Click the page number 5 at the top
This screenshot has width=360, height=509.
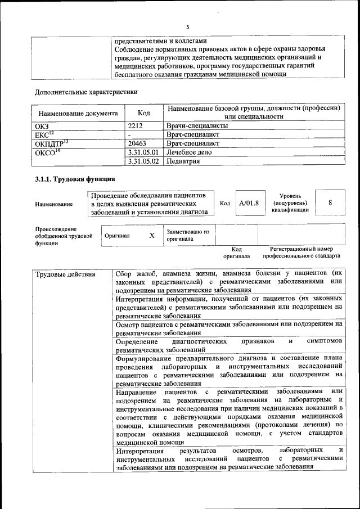pyautogui.click(x=188, y=26)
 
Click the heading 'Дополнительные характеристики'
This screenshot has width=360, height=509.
pyautogui.click(x=86, y=92)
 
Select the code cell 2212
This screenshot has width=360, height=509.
pyautogui.click(x=136, y=126)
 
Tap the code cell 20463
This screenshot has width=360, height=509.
pyautogui.click(x=138, y=143)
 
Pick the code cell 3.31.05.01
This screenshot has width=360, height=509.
pyautogui.click(x=143, y=152)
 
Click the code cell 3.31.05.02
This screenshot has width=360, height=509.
pyautogui.click(x=143, y=161)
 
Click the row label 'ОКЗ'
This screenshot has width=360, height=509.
pyautogui.click(x=42, y=126)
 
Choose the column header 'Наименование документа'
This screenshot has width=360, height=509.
pyautogui.click(x=76, y=113)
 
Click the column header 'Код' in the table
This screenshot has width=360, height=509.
pyautogui.click(x=143, y=113)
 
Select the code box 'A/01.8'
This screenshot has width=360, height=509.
pyautogui.click(x=249, y=204)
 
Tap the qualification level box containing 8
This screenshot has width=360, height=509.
pyautogui.click(x=330, y=203)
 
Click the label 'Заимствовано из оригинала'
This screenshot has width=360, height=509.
pyautogui.click(x=187, y=235)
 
